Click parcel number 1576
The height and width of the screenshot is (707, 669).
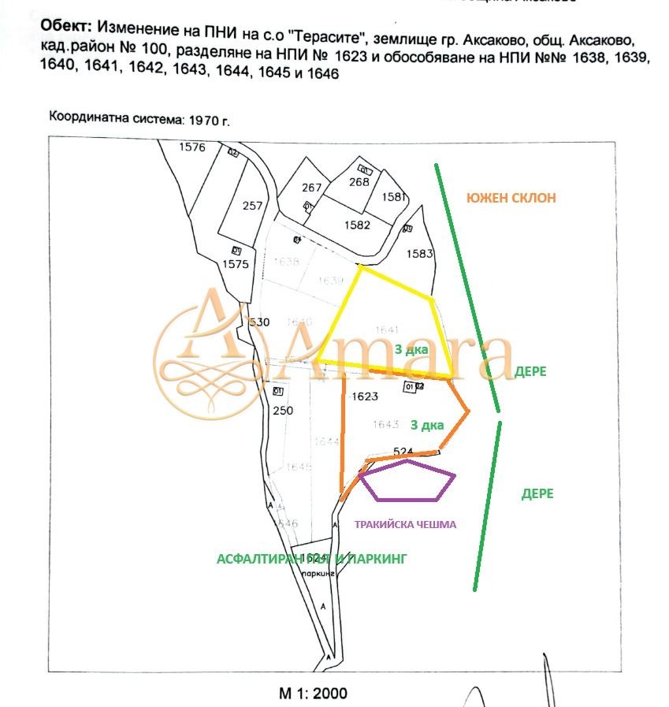click(x=191, y=147)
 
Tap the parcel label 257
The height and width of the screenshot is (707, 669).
click(x=252, y=206)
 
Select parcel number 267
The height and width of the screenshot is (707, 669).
click(x=312, y=188)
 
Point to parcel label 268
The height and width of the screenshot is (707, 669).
click(x=359, y=182)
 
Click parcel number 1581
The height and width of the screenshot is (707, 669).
click(x=392, y=197)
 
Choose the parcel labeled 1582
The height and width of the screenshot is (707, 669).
click(x=357, y=225)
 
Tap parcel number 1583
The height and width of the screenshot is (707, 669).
click(x=420, y=254)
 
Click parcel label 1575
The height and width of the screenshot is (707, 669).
click(x=235, y=264)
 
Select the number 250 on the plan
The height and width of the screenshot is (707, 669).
click(x=282, y=411)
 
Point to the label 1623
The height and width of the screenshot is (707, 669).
click(x=366, y=396)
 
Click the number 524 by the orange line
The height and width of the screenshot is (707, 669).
click(x=403, y=452)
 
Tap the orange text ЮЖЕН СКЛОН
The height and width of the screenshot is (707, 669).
click(x=511, y=198)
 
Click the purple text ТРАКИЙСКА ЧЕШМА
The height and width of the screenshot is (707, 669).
click(x=405, y=524)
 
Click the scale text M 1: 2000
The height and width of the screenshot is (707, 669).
click(x=313, y=694)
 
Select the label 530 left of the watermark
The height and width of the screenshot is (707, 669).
click(x=259, y=322)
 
